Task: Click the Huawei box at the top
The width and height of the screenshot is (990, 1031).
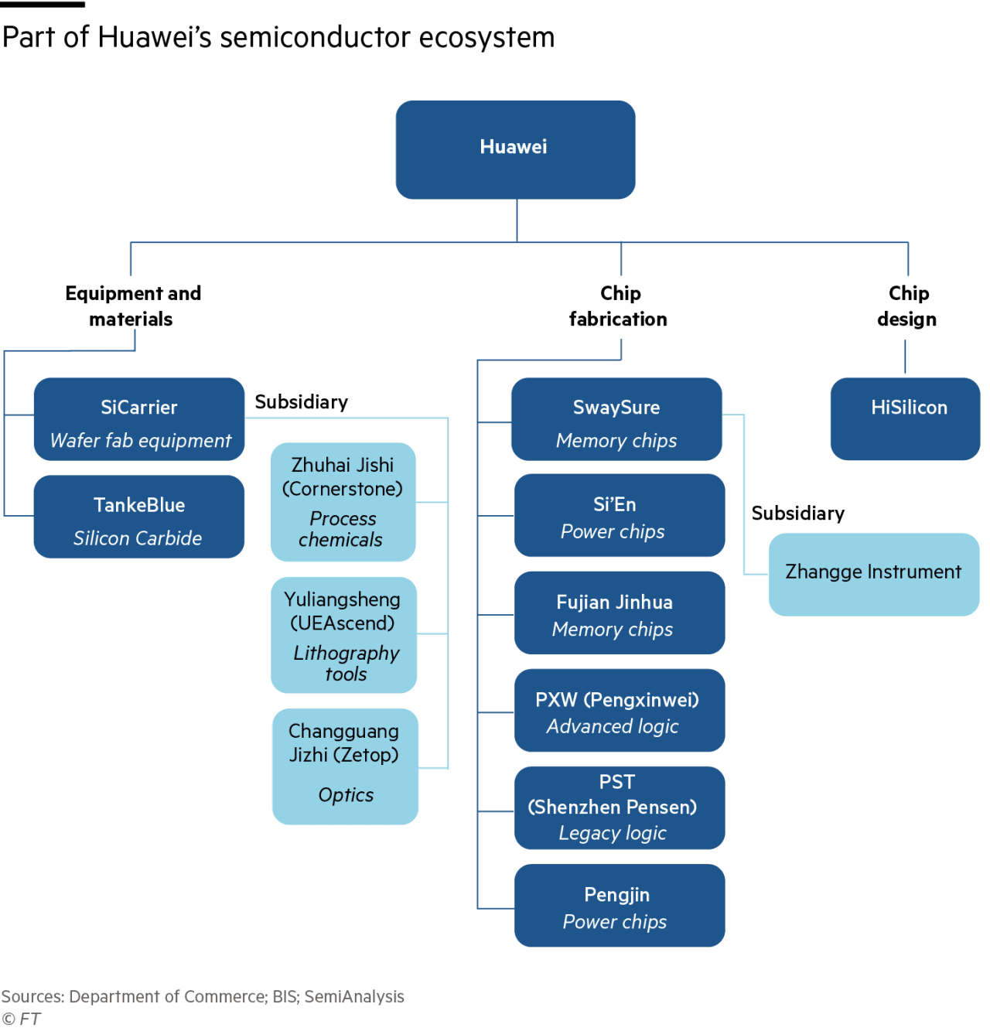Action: click(x=515, y=150)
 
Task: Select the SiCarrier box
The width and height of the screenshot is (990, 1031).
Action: click(x=138, y=419)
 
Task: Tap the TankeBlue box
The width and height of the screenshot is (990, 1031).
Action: click(x=138, y=517)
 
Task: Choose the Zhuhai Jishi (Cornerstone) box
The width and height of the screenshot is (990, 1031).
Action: click(x=343, y=502)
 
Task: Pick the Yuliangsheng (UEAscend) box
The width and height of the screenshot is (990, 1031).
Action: click(x=343, y=635)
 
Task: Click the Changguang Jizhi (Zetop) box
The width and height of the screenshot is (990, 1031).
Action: click(x=345, y=766)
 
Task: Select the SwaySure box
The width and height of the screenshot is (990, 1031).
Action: click(x=616, y=419)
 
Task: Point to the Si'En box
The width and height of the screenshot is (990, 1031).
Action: click(x=620, y=515)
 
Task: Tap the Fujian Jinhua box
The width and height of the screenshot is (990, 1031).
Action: click(x=620, y=613)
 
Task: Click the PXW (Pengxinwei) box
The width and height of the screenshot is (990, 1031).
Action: click(x=620, y=710)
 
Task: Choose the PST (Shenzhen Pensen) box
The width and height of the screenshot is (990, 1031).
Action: click(x=620, y=808)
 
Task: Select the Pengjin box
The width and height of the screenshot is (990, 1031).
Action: click(x=620, y=906)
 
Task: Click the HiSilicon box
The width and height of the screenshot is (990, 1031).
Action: click(x=905, y=419)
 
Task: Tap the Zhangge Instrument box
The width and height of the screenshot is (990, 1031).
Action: click(x=873, y=575)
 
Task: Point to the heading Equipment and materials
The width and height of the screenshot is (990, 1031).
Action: click(x=133, y=306)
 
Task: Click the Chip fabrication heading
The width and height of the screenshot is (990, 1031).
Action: click(x=618, y=306)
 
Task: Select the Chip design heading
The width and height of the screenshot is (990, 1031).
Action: click(x=907, y=306)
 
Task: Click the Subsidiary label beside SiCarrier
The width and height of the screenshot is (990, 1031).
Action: click(x=302, y=402)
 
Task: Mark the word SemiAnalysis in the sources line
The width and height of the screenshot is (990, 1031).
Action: click(x=353, y=996)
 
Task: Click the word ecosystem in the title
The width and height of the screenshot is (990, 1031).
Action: click(x=486, y=38)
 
